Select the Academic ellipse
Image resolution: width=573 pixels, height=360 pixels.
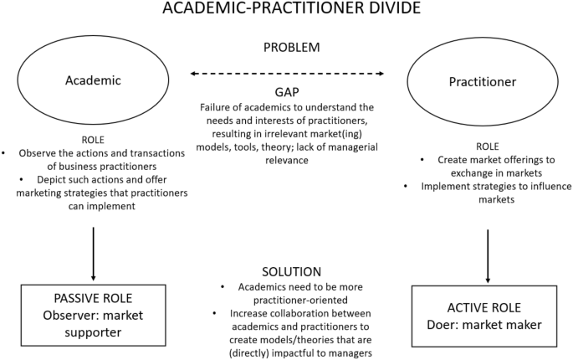94,81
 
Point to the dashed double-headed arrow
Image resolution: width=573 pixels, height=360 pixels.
286,75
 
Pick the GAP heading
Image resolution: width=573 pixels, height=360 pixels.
286,92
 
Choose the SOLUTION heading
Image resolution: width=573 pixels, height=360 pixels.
286,271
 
